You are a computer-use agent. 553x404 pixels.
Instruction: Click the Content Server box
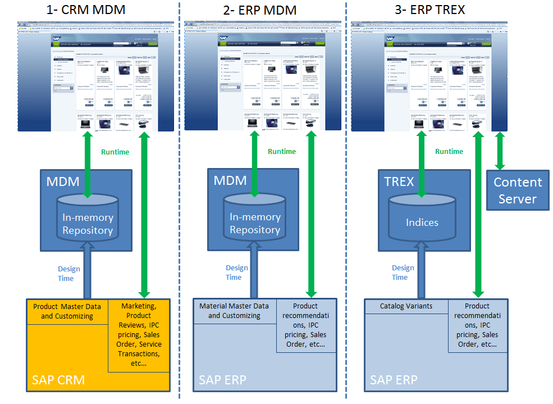(517, 190)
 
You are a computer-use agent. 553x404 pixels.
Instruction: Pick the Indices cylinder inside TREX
(422, 222)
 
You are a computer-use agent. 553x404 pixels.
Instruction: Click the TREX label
(399, 181)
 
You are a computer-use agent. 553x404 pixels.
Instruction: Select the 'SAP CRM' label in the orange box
(58, 380)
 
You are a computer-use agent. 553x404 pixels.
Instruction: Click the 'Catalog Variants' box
(406, 306)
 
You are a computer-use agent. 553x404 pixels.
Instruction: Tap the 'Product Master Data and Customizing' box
(67, 311)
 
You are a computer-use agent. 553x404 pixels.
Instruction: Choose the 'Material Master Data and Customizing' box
(234, 311)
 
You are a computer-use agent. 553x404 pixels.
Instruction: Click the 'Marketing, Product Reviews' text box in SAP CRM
(138, 334)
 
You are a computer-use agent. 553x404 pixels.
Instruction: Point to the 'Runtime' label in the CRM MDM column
(115, 152)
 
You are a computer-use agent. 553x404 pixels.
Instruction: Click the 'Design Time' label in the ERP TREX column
(403, 273)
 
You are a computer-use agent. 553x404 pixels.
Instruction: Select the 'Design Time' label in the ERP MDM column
(236, 273)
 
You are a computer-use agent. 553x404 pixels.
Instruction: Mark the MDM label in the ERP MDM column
(230, 180)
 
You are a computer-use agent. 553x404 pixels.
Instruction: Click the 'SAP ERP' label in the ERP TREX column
(394, 380)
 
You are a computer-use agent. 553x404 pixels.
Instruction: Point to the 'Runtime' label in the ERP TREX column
(449, 151)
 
